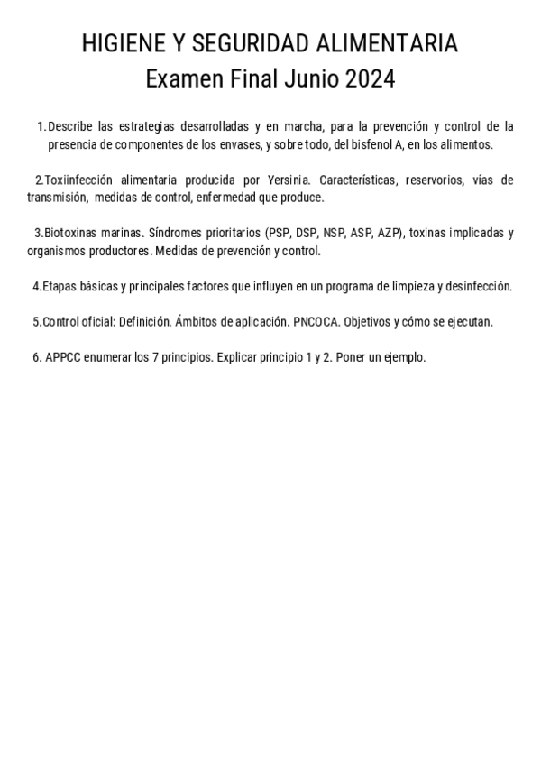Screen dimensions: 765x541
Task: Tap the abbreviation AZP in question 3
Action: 390,233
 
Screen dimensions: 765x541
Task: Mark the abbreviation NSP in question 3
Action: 334,233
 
